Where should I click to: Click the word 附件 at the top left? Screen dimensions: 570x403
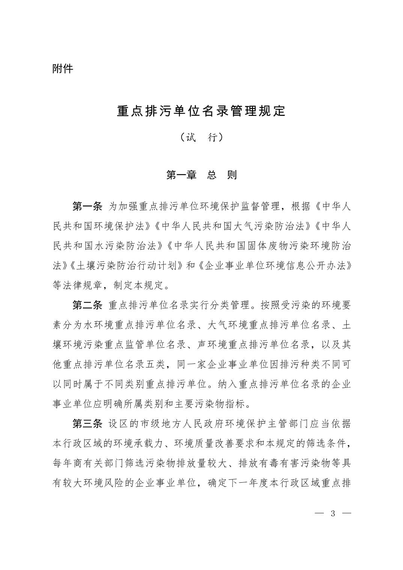[x=63, y=69]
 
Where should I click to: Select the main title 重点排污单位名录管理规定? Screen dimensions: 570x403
[x=201, y=111]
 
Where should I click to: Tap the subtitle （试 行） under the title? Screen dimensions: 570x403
[x=201, y=138]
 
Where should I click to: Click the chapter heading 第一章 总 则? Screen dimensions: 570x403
[x=201, y=175]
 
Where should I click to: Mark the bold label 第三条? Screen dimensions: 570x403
[x=87, y=424]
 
